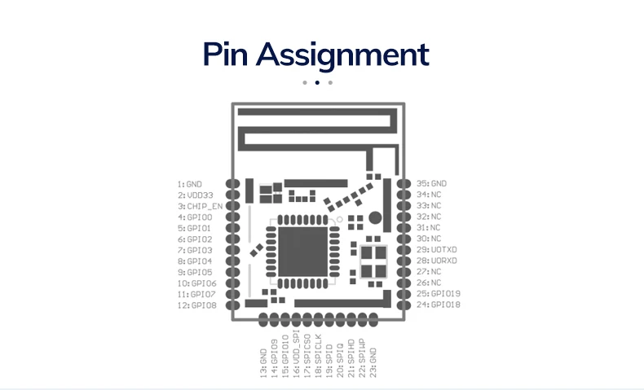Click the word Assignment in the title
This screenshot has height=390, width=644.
pos(342,55)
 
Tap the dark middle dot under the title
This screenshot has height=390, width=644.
pos(317,82)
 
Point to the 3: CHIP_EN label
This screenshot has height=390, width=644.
pos(199,207)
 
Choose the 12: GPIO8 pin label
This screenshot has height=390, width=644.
pos(196,305)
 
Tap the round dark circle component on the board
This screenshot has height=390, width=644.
pos(375,217)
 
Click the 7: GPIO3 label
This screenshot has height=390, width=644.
pos(194,251)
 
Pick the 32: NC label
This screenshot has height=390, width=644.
pos(429,217)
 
